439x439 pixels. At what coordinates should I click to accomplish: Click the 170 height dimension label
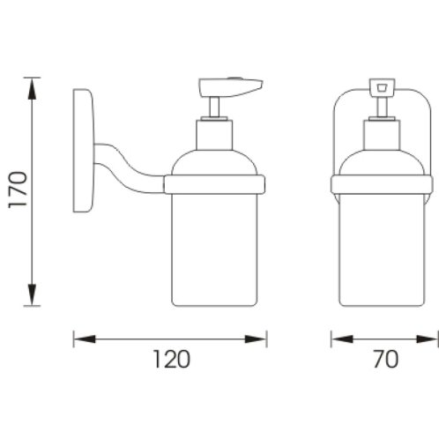pos(18,190)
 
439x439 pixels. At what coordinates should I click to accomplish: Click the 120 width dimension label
pos(172,359)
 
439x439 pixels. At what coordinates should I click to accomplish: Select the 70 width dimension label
pos(386,359)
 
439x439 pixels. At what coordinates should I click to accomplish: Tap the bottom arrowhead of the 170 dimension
pos(32,295)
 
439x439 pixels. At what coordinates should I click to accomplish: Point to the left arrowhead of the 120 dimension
pos(85,339)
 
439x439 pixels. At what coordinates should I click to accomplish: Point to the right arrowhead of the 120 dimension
pos(256,339)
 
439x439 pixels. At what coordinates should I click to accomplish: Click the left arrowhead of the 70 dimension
pos(342,339)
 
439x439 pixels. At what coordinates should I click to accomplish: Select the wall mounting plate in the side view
pos(84,151)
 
